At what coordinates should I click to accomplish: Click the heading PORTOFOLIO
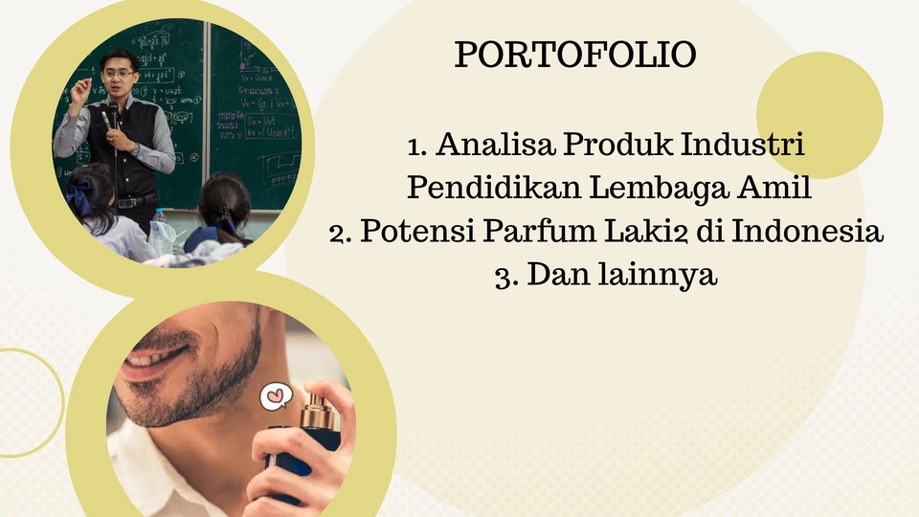pyautogui.click(x=574, y=56)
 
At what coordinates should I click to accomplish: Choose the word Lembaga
pyautogui.click(x=656, y=189)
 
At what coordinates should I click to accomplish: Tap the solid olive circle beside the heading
pyautogui.click(x=819, y=115)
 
